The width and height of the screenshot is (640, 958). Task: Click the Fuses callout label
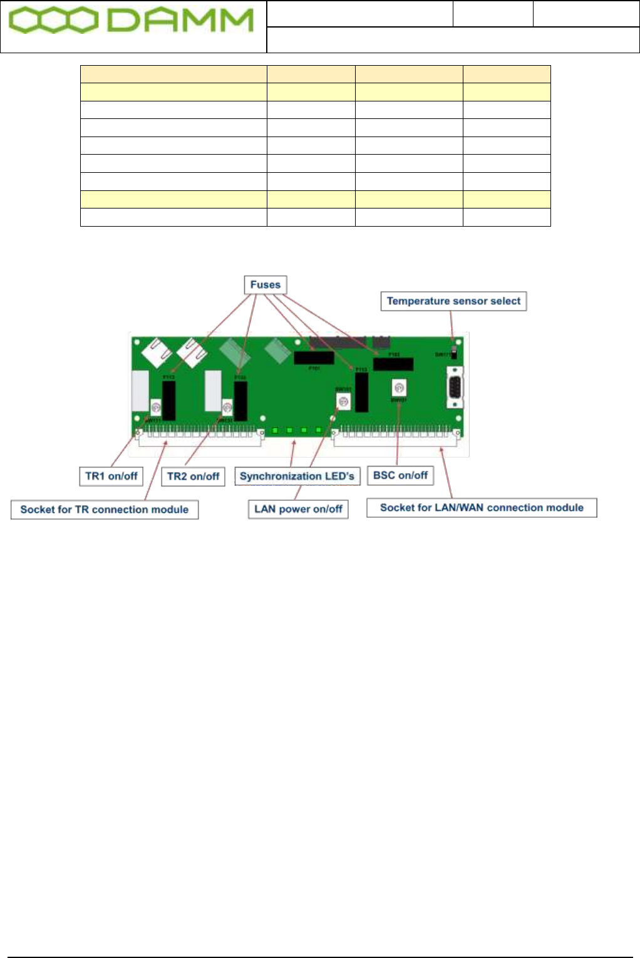[x=265, y=285]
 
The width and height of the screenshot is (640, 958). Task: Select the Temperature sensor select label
[x=453, y=301]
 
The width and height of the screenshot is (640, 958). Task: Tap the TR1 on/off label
[x=111, y=476]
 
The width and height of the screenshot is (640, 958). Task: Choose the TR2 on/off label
[x=193, y=476]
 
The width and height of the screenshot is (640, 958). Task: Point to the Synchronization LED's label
[x=297, y=476]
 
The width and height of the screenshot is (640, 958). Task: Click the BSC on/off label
[x=400, y=475]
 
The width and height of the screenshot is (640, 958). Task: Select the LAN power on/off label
[x=298, y=509]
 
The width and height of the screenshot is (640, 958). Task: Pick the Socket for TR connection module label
[x=105, y=510]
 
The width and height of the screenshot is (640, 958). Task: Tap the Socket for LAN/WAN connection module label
[x=482, y=508]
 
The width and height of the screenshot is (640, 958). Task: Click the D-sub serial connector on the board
[x=455, y=388]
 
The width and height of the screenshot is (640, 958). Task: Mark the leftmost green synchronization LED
[x=274, y=431]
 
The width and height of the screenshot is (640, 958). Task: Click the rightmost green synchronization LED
[x=319, y=431]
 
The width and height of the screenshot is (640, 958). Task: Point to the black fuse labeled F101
[x=314, y=358]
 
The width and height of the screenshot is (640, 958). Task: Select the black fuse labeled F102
[x=393, y=364]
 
